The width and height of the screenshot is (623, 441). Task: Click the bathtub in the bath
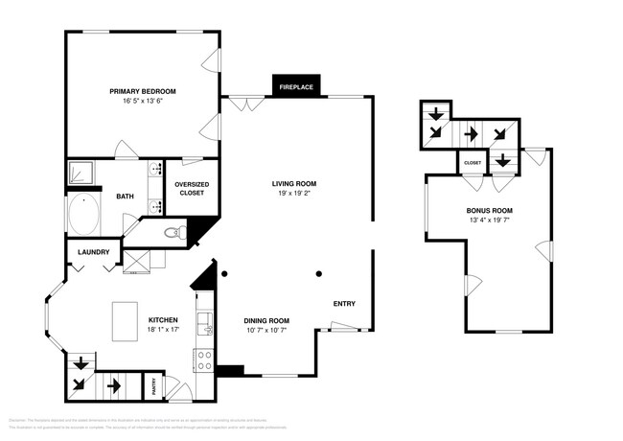pyautogui.click(x=85, y=212)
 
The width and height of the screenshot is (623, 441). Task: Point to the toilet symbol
pyautogui.click(x=173, y=232)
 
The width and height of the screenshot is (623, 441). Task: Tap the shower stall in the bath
pyautogui.click(x=81, y=174)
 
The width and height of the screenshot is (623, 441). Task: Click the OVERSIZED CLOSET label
pyautogui.click(x=192, y=189)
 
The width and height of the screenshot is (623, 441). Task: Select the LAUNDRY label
pyautogui.click(x=94, y=253)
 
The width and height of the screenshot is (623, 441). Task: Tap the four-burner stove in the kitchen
pyautogui.click(x=203, y=360)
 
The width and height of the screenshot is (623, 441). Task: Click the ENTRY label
pyautogui.click(x=344, y=304)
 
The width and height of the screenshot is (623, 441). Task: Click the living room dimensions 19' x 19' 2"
pyautogui.click(x=294, y=193)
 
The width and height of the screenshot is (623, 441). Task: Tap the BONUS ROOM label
pyautogui.click(x=489, y=210)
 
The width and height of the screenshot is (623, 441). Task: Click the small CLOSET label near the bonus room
pyautogui.click(x=473, y=163)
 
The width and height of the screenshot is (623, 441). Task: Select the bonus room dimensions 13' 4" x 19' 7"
pyautogui.click(x=489, y=220)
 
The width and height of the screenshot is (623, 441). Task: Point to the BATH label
pyautogui.click(x=126, y=197)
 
